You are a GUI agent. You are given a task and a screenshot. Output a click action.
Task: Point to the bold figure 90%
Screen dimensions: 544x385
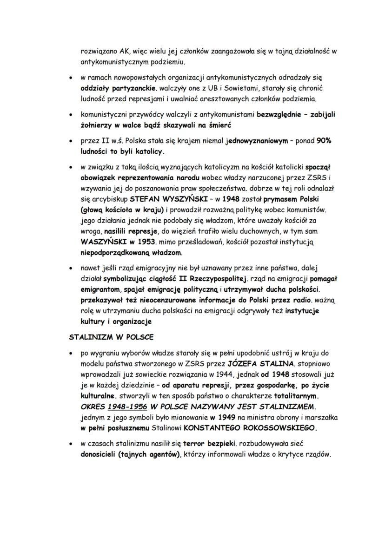click(324, 142)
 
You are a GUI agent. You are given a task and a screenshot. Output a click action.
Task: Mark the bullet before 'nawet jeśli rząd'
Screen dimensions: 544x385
click(70, 268)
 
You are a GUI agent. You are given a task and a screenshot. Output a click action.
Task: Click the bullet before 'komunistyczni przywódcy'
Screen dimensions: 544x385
click(70, 114)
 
